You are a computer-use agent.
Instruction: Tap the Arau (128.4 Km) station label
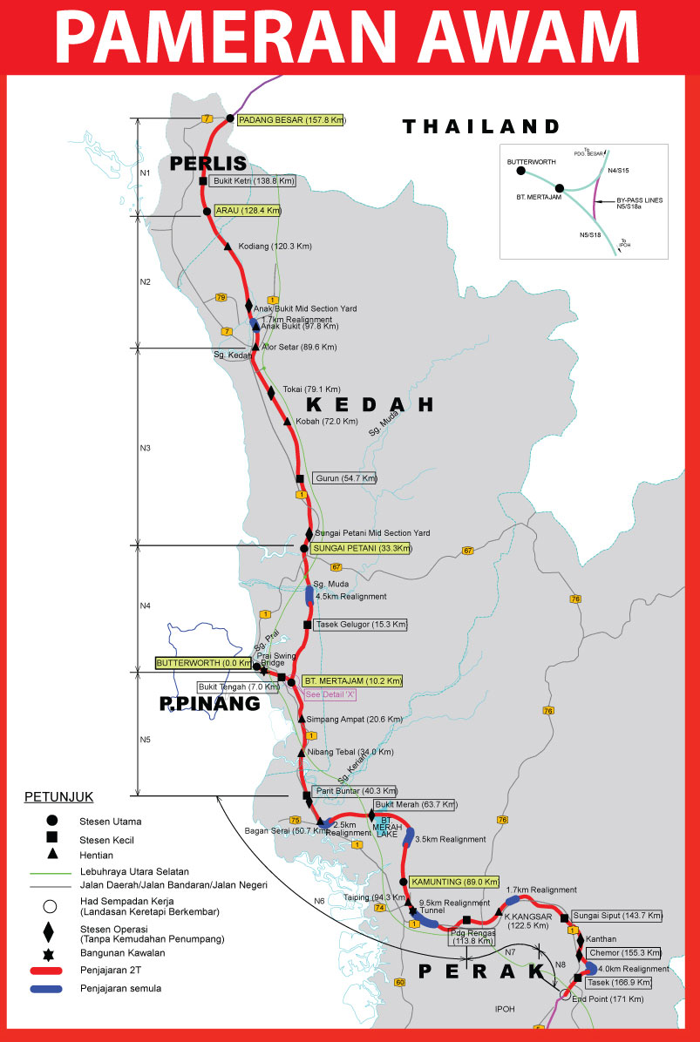pos(248,211)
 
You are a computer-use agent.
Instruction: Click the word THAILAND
pos(480,126)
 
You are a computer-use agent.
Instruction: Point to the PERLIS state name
pos(208,163)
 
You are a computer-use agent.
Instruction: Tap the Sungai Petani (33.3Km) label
pos(361,548)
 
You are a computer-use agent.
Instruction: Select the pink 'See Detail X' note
pos(331,694)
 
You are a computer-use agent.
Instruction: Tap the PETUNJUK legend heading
pos(58,796)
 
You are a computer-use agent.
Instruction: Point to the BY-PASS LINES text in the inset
pos(640,200)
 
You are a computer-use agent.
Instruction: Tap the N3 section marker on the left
pos(146,448)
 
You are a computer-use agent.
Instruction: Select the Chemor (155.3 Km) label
pos(625,953)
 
